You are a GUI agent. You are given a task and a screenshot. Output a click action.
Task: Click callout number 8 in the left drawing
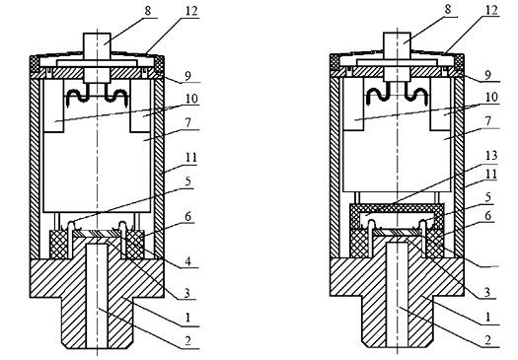pos(148,11)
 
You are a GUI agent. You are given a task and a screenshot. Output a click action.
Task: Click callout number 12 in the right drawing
pos(491,10)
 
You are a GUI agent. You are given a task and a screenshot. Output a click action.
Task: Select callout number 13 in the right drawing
pos(491,155)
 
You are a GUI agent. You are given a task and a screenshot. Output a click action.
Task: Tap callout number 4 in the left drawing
pos(187,261)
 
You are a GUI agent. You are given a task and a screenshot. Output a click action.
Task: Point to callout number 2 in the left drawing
pos(187,341)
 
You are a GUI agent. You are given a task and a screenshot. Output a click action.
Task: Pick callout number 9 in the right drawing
pos(488,75)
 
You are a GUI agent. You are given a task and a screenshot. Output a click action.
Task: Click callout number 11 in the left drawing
pos(191,157)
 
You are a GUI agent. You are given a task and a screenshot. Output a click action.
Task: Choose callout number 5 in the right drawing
pos(488,197)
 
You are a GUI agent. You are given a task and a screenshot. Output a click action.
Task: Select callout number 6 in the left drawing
pos(187,217)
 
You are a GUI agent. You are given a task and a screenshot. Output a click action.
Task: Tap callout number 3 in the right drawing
pos(487,292)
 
